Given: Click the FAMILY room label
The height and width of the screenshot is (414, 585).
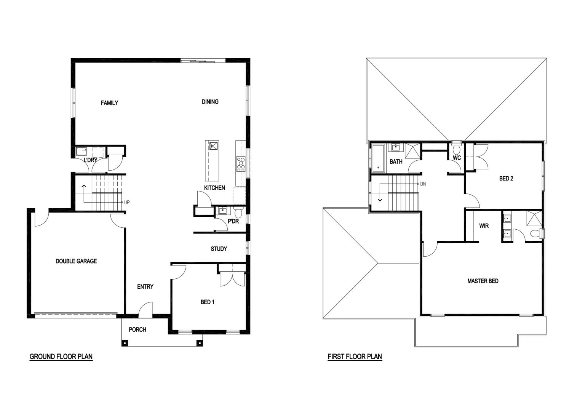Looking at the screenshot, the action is pyautogui.click(x=109, y=103).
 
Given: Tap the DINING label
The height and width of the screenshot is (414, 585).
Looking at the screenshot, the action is pyautogui.click(x=210, y=102).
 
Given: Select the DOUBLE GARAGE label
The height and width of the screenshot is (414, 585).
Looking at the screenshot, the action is pyautogui.click(x=76, y=261).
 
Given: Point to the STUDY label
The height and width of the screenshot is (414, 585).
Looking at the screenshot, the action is pyautogui.click(x=219, y=249).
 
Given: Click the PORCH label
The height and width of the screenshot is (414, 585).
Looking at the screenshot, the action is pyautogui.click(x=137, y=329).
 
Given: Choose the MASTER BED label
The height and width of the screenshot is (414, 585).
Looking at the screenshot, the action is pyautogui.click(x=483, y=281).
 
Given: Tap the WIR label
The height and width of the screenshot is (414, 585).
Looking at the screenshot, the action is pyautogui.click(x=484, y=226).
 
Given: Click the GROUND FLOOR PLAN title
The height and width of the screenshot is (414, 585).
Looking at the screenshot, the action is pyautogui.click(x=61, y=356).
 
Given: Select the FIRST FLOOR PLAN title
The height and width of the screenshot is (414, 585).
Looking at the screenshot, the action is pyautogui.click(x=355, y=356).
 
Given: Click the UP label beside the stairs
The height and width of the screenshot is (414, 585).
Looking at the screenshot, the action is pyautogui.click(x=127, y=202).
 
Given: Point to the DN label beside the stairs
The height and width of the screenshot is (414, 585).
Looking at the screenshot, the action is pyautogui.click(x=423, y=184).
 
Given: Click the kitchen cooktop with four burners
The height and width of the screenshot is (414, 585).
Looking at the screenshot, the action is pyautogui.click(x=241, y=164).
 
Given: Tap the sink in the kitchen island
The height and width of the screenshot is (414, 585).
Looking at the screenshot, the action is pyautogui.click(x=214, y=146).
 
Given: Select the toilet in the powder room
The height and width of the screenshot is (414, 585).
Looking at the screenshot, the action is pyautogui.click(x=238, y=213).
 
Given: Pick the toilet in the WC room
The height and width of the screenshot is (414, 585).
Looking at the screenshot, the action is pyautogui.click(x=457, y=149).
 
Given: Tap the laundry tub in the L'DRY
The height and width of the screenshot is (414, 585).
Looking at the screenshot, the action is pyautogui.click(x=82, y=152).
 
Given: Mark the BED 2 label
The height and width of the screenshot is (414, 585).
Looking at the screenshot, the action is pyautogui.click(x=506, y=178).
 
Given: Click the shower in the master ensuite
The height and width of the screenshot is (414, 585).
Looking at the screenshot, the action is pyautogui.click(x=534, y=218).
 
